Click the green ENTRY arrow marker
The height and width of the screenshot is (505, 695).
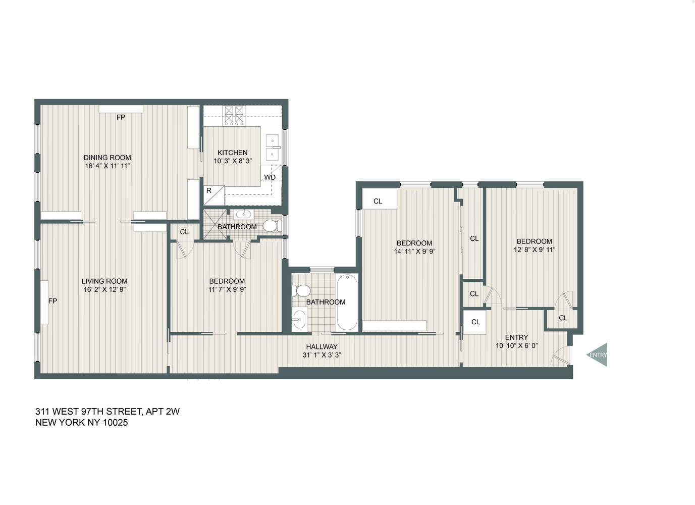coord(598,355)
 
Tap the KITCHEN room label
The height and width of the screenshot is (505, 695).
coord(232,153)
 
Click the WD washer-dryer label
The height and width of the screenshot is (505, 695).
coord(270,177)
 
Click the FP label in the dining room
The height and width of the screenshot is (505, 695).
coord(121,117)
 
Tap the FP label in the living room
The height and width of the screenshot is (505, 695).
coord(52,301)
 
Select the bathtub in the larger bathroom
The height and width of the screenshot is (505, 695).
coord(347,302)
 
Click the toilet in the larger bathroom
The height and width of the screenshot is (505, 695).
coord(302,290)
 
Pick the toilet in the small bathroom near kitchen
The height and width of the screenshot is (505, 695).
coord(272,225)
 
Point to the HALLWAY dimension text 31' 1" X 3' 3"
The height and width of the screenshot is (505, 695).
coord(322,355)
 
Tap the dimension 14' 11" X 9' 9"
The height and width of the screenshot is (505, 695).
coord(414,251)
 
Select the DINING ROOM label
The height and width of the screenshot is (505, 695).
coord(107,158)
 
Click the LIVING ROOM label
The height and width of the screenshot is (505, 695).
coord(104,281)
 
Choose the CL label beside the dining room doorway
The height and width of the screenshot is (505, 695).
coord(184,232)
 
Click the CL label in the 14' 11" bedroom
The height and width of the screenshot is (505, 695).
coord(378,201)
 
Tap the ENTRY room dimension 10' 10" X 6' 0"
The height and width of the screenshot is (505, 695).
coord(516,346)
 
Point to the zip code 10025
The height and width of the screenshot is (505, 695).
coord(115,423)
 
